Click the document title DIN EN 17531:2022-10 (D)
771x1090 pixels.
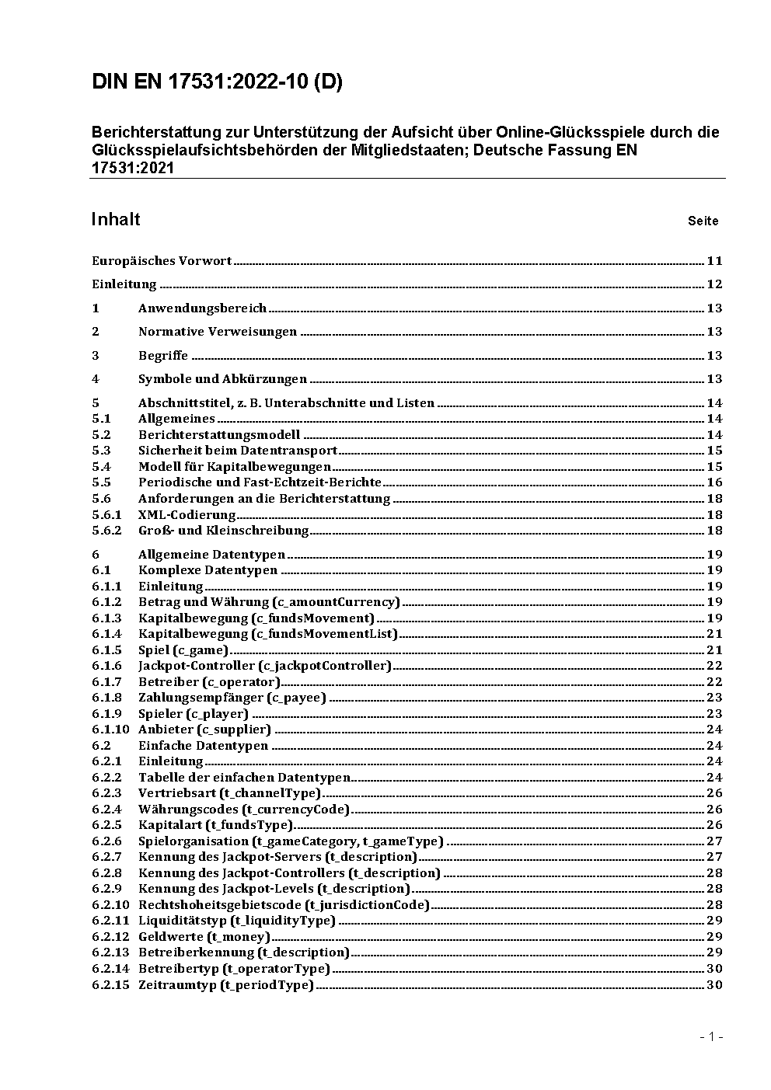coord(217,82)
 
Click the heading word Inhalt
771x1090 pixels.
coord(116,220)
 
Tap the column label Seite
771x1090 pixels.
coord(703,221)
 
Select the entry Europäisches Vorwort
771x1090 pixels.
coord(162,261)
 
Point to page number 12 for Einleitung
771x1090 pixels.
coord(714,284)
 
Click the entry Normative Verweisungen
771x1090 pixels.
coord(218,332)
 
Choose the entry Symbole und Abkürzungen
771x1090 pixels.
coord(222,379)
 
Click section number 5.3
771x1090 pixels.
coord(101,451)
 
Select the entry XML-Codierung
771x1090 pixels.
coord(187,514)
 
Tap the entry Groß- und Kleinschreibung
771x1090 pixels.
coord(223,531)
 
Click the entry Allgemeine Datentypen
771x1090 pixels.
coord(211,555)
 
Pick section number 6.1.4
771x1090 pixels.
coord(106,634)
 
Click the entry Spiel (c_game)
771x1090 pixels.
coord(183,650)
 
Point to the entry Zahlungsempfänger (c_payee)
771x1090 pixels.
coord(232,698)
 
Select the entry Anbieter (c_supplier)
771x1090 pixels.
coord(204,730)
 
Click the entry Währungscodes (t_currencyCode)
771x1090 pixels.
coord(244,809)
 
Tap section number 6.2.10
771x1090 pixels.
coord(110,904)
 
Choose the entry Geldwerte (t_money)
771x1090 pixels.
coord(204,936)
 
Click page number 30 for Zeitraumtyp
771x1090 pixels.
coord(714,984)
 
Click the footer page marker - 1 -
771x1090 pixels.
coord(711,1036)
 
